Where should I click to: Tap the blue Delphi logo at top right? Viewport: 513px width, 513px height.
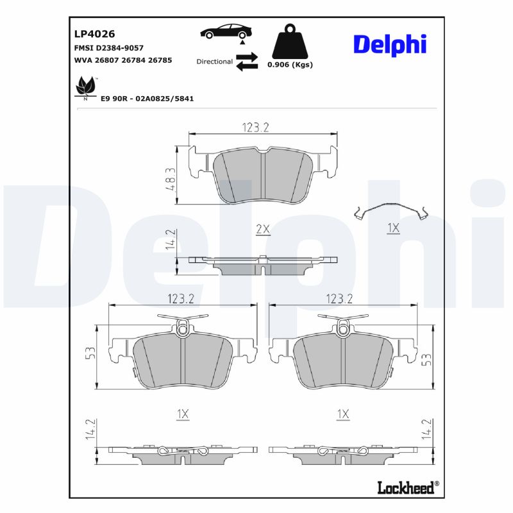tap(389, 44)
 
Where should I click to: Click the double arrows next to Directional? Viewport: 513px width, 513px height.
tap(246, 62)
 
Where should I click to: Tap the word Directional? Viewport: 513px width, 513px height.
tap(214, 62)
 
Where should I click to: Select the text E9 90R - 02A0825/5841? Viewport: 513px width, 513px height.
tap(147, 99)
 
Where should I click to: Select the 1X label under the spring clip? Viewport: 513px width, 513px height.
tap(393, 228)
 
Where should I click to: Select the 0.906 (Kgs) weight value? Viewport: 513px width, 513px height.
tap(290, 65)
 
